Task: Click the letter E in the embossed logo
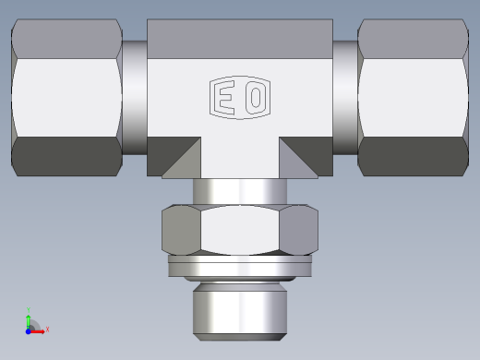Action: (x=224, y=97)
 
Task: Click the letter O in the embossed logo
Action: (x=256, y=97)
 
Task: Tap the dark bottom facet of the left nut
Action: (x=66, y=156)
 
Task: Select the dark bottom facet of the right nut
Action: (x=412, y=156)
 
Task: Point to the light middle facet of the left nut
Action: (x=66, y=96)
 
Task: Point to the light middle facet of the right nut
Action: (x=412, y=96)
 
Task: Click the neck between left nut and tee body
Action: (x=135, y=96)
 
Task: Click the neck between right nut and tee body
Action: (x=345, y=96)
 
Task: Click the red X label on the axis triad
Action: (x=47, y=329)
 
